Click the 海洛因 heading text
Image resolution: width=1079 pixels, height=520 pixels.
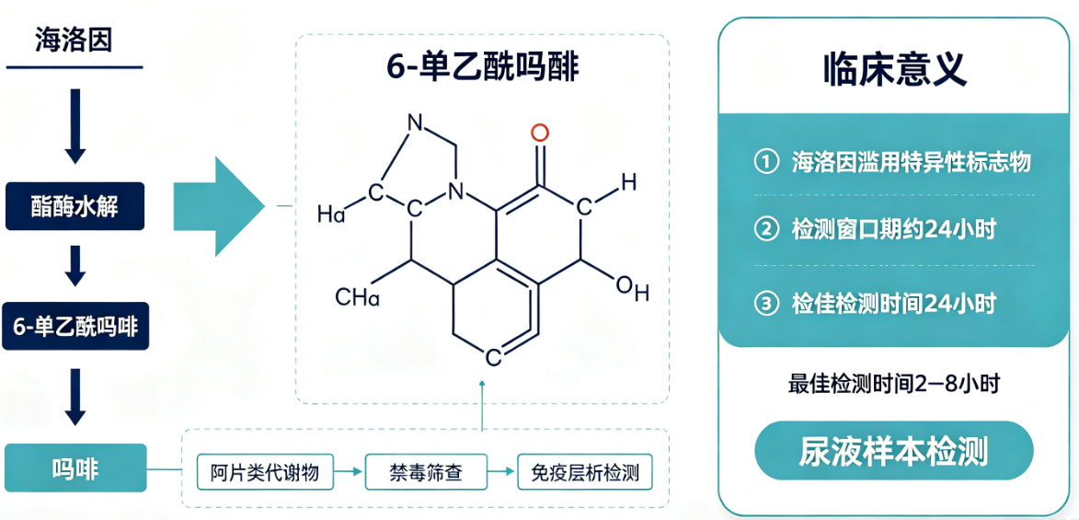[x=74, y=40]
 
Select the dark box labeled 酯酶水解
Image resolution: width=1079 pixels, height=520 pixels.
[x=75, y=206]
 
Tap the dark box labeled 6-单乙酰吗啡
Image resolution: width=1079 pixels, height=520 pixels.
[x=75, y=325]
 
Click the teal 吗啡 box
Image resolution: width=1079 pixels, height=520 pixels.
[x=75, y=468]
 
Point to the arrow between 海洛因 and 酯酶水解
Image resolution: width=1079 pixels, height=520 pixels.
[x=75, y=126]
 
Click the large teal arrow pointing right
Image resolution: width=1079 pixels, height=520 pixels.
[x=219, y=206]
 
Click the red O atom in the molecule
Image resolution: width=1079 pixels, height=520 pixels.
[x=540, y=133]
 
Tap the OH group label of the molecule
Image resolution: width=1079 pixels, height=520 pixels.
[x=632, y=289]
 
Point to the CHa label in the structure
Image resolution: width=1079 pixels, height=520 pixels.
[x=357, y=297]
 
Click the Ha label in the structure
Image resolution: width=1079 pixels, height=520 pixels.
[x=332, y=214]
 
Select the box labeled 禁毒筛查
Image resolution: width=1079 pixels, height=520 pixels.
[x=425, y=473]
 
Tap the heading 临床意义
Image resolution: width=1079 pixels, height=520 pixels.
[x=895, y=68]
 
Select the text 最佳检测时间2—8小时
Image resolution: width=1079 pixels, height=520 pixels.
[x=893, y=384]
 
